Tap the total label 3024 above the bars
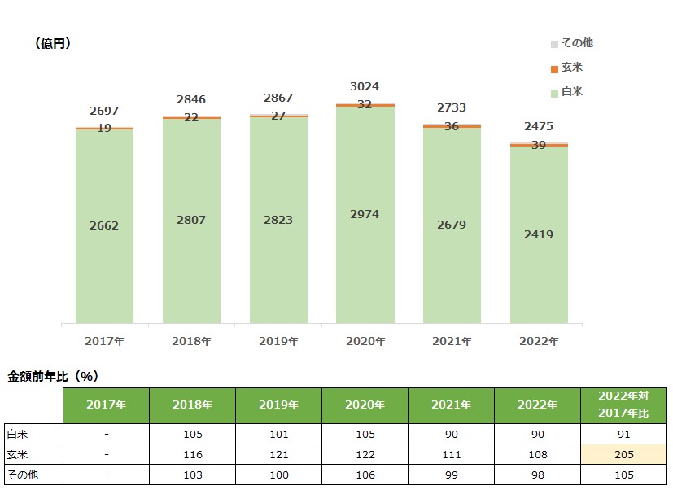(x=365, y=86)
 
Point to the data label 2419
(x=539, y=234)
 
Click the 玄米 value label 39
(x=539, y=144)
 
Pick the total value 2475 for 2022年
(x=539, y=126)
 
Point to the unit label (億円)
(x=53, y=44)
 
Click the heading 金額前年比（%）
(x=53, y=376)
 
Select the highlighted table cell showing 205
(x=623, y=455)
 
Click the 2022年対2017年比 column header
(x=623, y=405)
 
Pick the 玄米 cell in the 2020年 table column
(x=365, y=455)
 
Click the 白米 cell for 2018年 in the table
(x=192, y=435)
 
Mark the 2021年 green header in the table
(x=451, y=405)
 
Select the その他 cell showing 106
(x=365, y=475)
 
